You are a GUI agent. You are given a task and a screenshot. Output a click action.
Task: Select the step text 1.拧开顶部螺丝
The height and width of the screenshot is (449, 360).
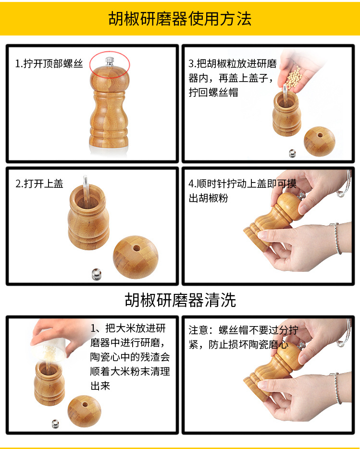(x=49, y=64)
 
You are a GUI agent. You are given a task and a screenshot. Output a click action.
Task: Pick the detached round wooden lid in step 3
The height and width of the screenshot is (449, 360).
(x=319, y=141)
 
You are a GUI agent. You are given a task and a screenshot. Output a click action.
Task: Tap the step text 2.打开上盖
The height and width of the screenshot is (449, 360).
(x=39, y=184)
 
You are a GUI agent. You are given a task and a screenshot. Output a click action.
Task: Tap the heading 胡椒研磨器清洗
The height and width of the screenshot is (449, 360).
(x=180, y=300)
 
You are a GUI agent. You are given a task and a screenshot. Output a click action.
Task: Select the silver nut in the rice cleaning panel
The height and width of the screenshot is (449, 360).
(x=55, y=423)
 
